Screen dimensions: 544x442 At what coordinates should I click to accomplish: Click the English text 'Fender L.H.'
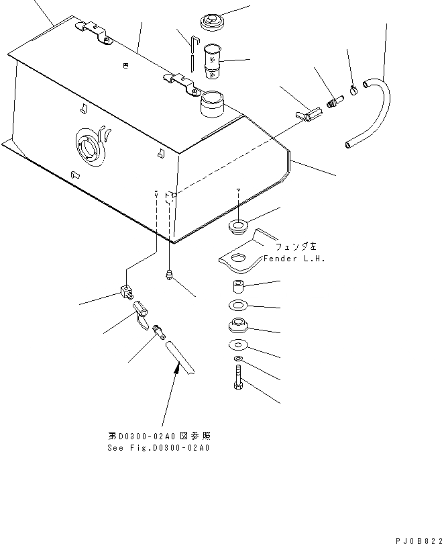(294, 259)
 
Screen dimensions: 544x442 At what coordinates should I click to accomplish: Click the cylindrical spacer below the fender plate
(237, 286)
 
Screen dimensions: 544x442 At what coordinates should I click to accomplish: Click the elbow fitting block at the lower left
(127, 292)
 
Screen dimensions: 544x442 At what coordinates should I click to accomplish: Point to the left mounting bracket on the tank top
(93, 32)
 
